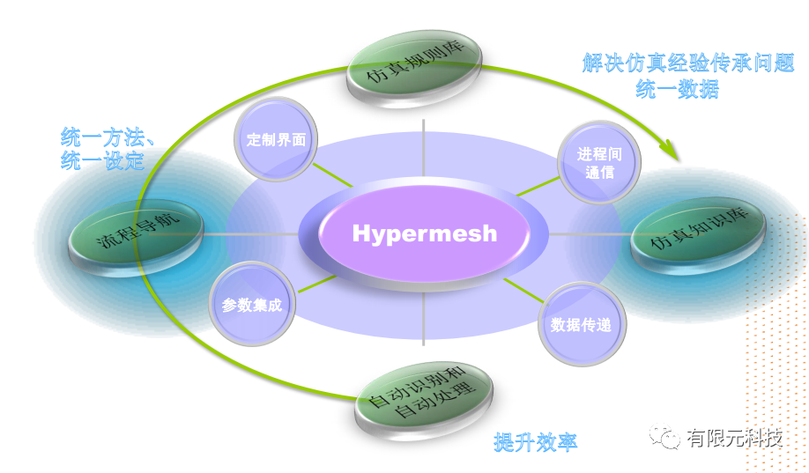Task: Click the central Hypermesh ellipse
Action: [x=424, y=234]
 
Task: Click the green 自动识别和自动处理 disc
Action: [x=423, y=395]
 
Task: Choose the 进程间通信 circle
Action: [x=599, y=162]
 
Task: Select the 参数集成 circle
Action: [x=251, y=304]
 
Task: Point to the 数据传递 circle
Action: [x=581, y=323]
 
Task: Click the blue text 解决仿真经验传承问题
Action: [x=688, y=63]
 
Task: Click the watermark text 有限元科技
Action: [x=735, y=438]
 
